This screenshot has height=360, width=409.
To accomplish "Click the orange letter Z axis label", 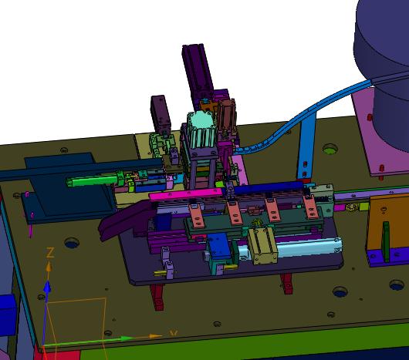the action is pos(50,252).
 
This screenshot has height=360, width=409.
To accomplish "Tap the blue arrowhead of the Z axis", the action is pos(47,287).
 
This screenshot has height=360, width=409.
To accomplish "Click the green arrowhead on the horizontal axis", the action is pos(127,338).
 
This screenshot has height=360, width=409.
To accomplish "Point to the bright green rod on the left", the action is pos(92,180).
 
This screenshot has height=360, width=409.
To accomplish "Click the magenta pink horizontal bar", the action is pos(186,194).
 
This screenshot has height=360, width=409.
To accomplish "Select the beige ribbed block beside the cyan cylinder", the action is pos(262,245).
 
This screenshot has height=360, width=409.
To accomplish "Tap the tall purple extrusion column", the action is pos(198,76).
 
